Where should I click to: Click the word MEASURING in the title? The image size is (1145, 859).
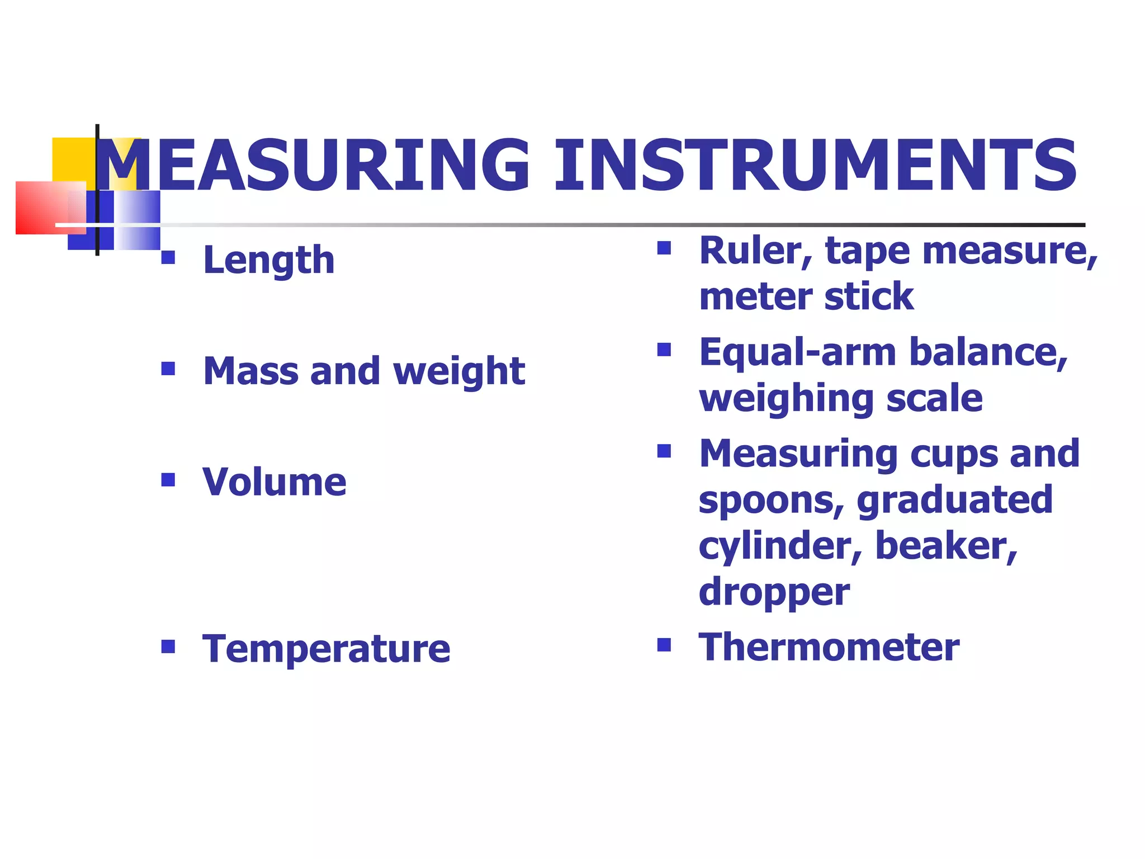(x=313, y=166)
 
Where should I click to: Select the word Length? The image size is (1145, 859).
(x=269, y=261)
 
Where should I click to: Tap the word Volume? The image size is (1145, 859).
(x=275, y=482)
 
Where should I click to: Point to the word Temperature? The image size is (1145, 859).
(x=327, y=649)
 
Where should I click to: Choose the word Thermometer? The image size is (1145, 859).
(x=829, y=647)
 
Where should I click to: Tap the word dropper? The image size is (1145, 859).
(x=774, y=593)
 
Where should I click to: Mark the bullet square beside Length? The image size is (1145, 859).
(x=168, y=257)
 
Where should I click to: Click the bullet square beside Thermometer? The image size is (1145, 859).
(x=664, y=645)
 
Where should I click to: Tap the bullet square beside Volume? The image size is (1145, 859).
(x=168, y=479)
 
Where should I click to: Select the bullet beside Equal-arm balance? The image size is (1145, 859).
(x=664, y=350)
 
